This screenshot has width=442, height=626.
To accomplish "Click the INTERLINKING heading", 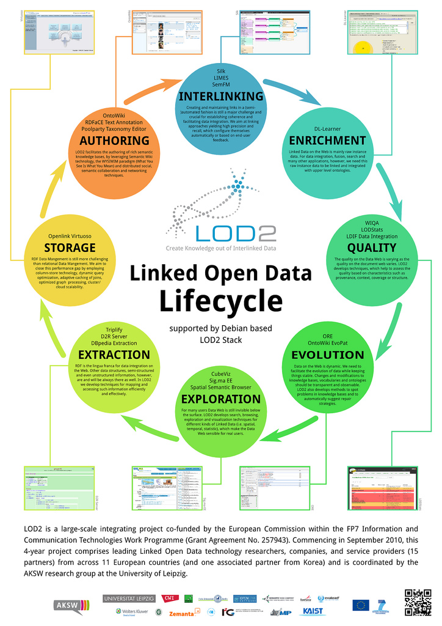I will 221,96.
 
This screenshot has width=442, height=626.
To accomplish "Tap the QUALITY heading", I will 372,247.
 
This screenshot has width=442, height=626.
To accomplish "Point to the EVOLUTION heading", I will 327,355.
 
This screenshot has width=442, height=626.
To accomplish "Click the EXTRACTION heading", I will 114,355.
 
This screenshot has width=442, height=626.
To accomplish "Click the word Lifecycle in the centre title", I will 221,300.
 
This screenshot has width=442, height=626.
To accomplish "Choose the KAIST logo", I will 313,611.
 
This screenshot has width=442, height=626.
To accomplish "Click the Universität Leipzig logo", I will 129,597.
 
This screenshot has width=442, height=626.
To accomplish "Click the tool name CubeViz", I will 221,373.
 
